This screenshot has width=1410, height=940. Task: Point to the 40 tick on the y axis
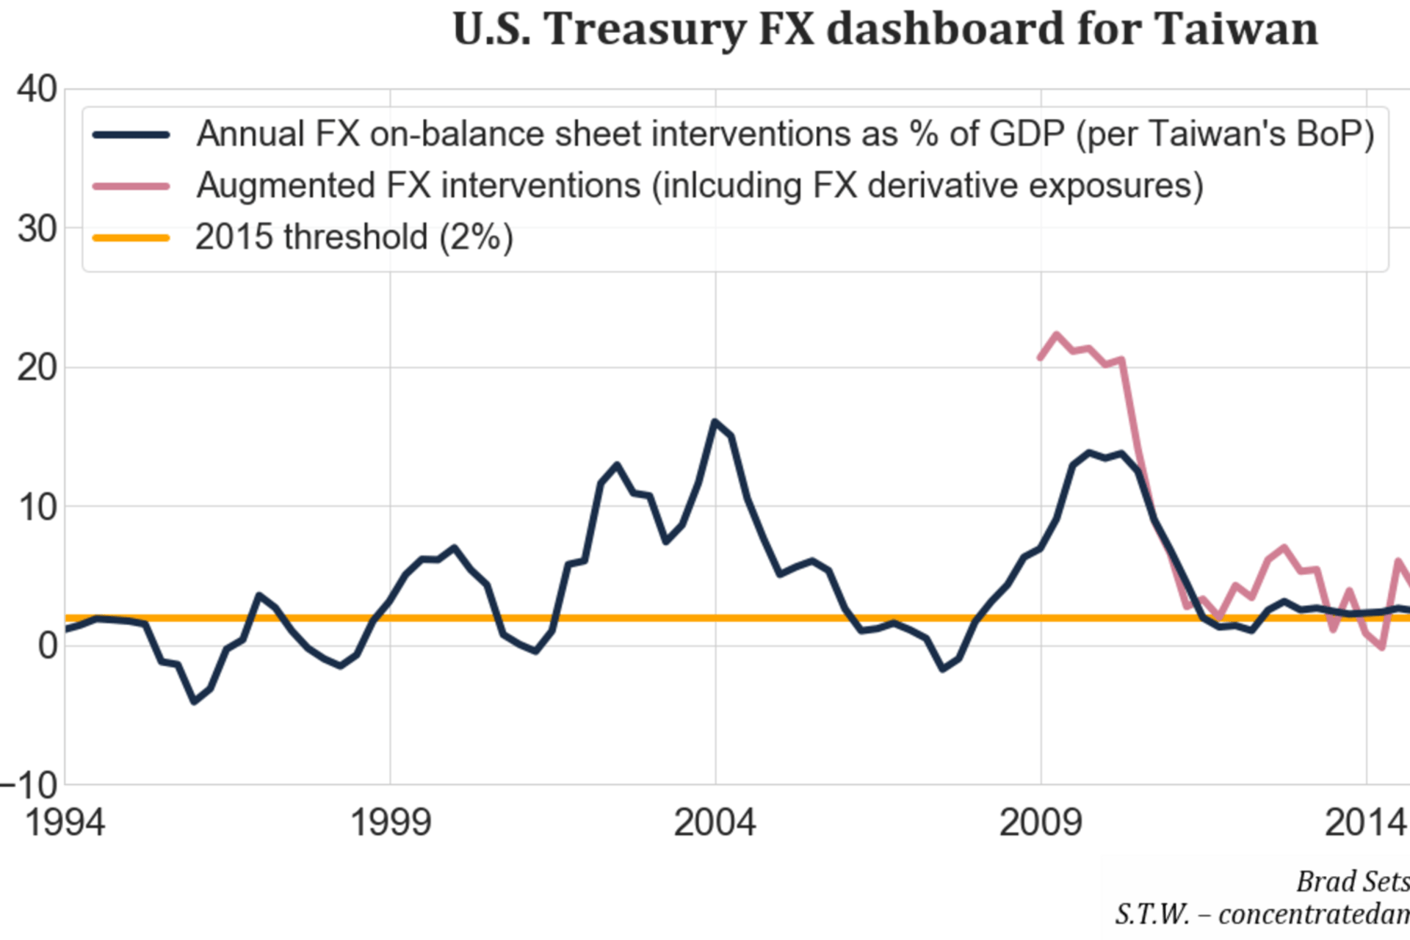coord(37,90)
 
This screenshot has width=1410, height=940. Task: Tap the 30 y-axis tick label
coord(37,230)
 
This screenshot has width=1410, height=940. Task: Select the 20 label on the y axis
coord(37,367)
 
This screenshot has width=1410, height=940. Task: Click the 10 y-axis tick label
coord(37,507)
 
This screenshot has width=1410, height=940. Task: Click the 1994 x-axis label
coord(65,822)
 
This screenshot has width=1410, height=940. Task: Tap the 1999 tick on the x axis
coord(390,822)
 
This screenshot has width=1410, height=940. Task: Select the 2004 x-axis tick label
coord(715,822)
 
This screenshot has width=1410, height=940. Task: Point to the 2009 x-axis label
coord(1040,822)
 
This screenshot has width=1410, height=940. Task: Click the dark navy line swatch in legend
coord(131,135)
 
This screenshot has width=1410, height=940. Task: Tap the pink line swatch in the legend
coord(131,187)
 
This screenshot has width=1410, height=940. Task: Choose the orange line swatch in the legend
coord(131,238)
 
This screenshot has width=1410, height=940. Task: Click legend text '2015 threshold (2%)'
coord(354,237)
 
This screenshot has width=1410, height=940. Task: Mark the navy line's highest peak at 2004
coord(715,421)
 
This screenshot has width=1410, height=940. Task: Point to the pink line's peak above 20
coord(1057,334)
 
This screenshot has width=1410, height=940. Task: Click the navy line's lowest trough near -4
coord(194,702)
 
